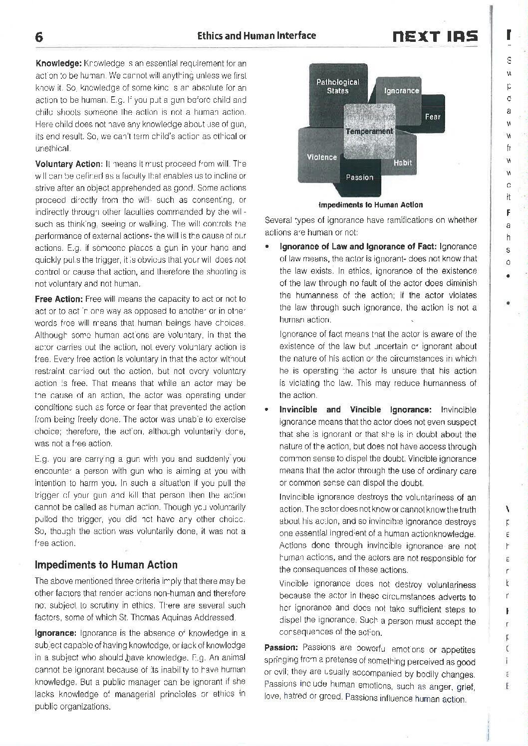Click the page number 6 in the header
click(39, 37)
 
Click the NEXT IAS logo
click(435, 36)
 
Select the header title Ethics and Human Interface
click(257, 35)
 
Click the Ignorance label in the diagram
click(402, 91)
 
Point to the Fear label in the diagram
click(433, 117)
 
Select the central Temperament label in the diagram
click(369, 131)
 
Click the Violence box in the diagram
click(322, 157)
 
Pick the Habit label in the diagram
click(402, 163)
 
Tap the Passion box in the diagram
click(359, 177)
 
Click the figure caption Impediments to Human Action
click(370, 204)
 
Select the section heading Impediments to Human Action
click(106, 565)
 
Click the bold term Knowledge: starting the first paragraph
click(58, 63)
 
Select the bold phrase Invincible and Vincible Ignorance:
click(355, 410)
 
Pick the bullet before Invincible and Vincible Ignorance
click(268, 410)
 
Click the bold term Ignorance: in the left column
click(55, 633)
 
